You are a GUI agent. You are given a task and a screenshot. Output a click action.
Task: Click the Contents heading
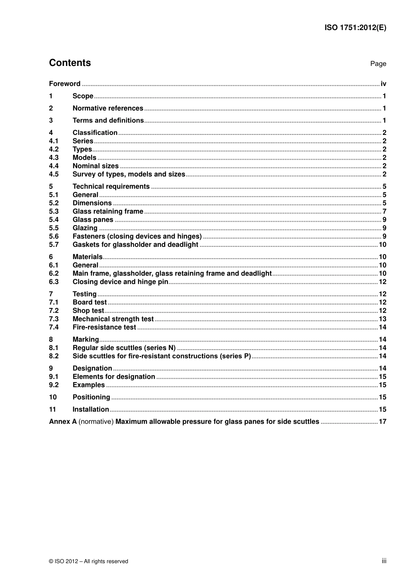tap(70, 63)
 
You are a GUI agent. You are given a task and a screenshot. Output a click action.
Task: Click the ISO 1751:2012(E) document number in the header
tap(355, 28)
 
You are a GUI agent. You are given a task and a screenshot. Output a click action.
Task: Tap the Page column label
tap(378, 64)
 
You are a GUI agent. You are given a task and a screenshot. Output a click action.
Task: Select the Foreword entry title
tap(65, 84)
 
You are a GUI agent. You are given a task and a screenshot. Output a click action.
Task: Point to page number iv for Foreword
tap(383, 84)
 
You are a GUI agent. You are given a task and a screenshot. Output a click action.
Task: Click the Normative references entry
tap(108, 108)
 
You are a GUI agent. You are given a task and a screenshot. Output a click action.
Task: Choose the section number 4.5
tap(54, 174)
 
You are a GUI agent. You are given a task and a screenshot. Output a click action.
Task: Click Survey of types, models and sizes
tap(129, 174)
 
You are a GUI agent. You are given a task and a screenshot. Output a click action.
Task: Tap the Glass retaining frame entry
tap(108, 212)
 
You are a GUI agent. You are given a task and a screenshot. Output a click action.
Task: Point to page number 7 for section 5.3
tap(384, 212)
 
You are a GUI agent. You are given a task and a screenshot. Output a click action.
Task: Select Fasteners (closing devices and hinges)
tap(137, 236)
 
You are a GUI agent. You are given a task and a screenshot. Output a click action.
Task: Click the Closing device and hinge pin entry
tap(120, 282)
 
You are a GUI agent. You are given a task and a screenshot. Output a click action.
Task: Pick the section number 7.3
tap(54, 319)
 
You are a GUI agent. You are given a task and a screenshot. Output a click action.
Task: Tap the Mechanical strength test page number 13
tap(382, 319)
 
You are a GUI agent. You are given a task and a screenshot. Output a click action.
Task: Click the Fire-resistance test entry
tap(104, 328)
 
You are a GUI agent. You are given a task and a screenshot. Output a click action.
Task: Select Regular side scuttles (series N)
tap(124, 348)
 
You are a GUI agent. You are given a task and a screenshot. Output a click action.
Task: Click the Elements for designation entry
tap(114, 377)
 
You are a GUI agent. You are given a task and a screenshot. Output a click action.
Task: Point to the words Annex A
tap(62, 422)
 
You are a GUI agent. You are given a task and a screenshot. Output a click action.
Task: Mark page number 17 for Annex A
tap(382, 422)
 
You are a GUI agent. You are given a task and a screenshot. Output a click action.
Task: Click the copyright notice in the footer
tap(88, 561)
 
